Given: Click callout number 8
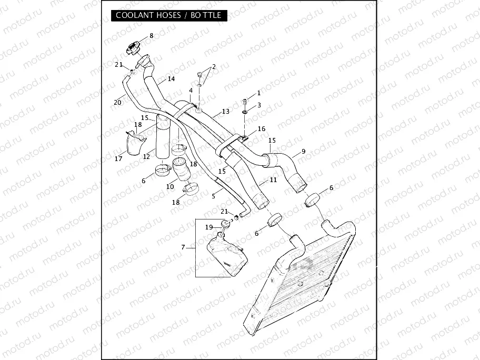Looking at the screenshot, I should [x=152, y=36].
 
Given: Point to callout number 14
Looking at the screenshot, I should [x=171, y=79].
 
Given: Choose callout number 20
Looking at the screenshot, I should [x=116, y=102].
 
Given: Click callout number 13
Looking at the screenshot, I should [x=225, y=112].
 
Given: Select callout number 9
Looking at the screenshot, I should [x=303, y=152].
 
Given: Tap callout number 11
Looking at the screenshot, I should [x=273, y=180].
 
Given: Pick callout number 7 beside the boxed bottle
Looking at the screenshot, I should [x=183, y=247].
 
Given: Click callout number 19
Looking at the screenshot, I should [x=208, y=227].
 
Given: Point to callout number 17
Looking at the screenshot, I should [x=118, y=158].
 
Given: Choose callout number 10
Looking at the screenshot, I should [x=170, y=186].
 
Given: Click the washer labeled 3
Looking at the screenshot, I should [x=246, y=112].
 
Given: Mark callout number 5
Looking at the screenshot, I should [x=214, y=195].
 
